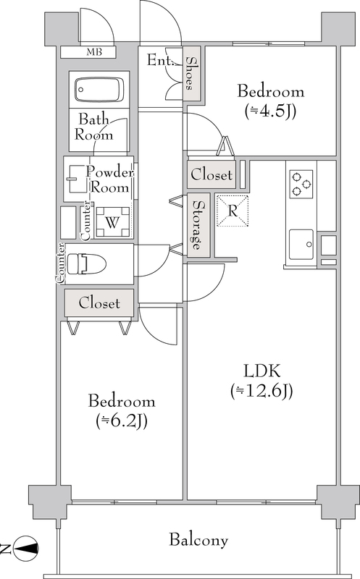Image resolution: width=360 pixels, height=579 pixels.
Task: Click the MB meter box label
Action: tap(94, 52)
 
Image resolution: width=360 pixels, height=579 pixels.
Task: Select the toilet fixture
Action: tap(87, 263)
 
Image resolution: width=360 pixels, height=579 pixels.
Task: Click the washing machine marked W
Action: tap(113, 222)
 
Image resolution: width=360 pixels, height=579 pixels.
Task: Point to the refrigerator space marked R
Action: tap(233, 211)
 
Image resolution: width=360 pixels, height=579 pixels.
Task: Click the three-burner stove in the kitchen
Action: tap(301, 185)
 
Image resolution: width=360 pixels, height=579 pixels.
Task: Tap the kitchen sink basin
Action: tap(301, 245)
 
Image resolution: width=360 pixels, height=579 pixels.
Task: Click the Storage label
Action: tap(198, 225)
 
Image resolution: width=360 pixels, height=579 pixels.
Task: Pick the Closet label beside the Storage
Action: tap(212, 174)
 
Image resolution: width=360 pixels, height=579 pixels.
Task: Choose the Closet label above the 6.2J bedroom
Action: tap(99, 303)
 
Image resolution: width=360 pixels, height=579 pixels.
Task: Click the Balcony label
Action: tap(198, 540)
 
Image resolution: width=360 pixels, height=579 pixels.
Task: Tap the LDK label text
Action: tap(262, 371)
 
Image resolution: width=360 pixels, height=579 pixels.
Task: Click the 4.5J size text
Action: tap(270, 111)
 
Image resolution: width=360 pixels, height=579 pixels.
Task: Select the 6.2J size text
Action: tap(122, 420)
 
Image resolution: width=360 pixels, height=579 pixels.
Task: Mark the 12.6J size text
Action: tap(262, 391)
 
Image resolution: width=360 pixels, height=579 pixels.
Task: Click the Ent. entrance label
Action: tap(160, 60)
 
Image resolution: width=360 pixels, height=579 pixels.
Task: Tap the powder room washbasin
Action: tap(78, 179)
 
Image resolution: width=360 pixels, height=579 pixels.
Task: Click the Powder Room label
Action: tap(110, 179)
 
